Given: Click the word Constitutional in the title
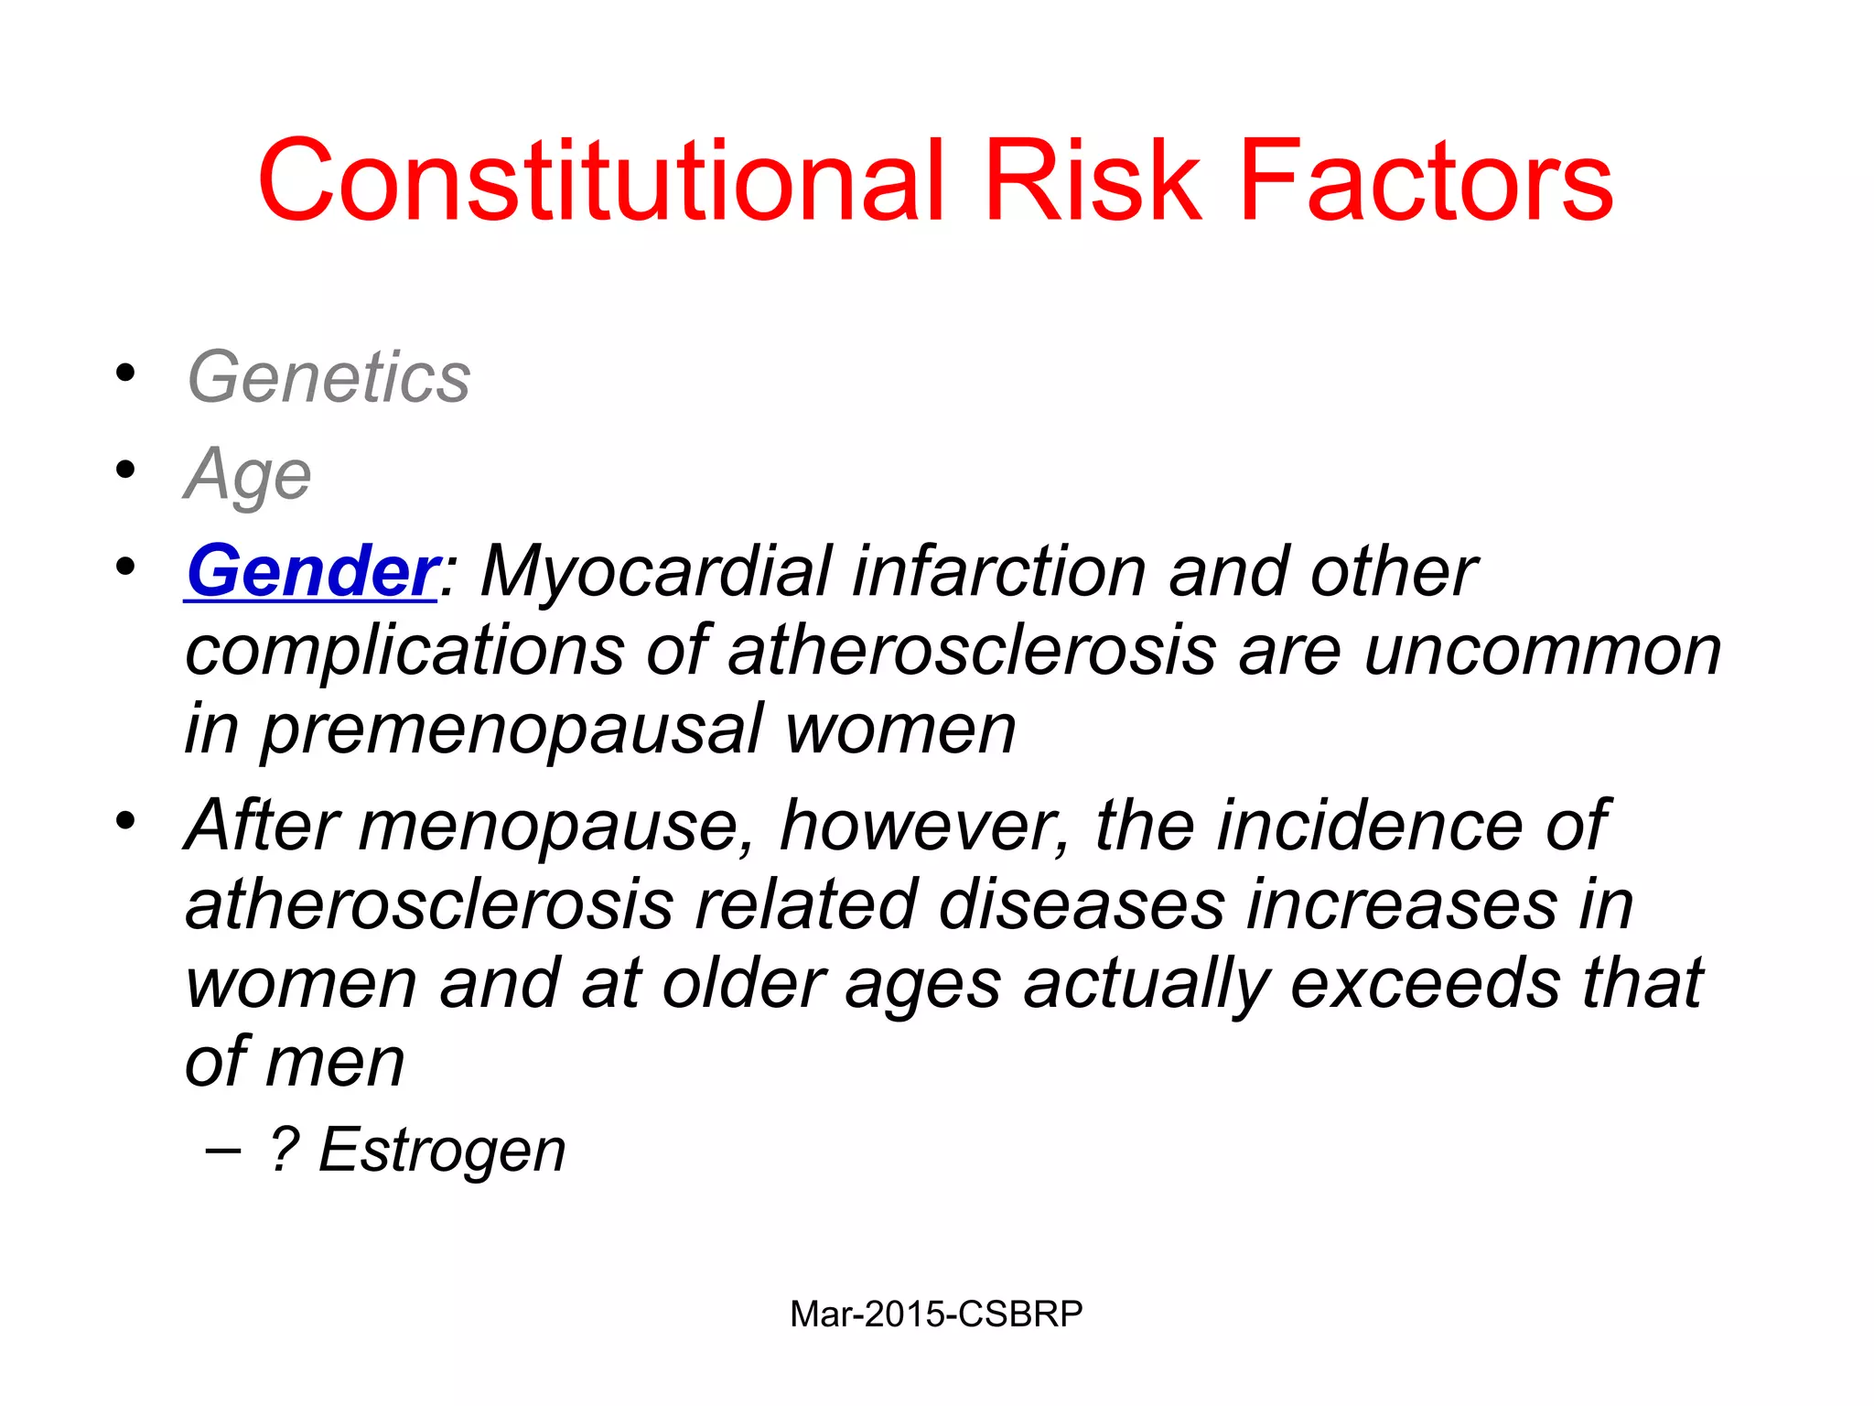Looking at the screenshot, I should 599,180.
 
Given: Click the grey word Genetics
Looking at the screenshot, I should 328,377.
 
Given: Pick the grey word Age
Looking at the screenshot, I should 248,475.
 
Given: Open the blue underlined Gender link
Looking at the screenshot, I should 311,571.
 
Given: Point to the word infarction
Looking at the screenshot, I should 998,571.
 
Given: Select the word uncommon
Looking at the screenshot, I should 1542,651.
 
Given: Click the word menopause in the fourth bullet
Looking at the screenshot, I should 556,827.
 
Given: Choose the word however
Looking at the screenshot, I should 923,827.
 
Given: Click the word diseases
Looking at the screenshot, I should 1081,904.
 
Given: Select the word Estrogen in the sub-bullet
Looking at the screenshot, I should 442,1150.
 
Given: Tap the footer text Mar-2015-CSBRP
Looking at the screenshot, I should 936,1314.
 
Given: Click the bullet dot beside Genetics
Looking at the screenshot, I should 125,373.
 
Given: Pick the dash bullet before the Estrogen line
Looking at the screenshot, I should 222,1150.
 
